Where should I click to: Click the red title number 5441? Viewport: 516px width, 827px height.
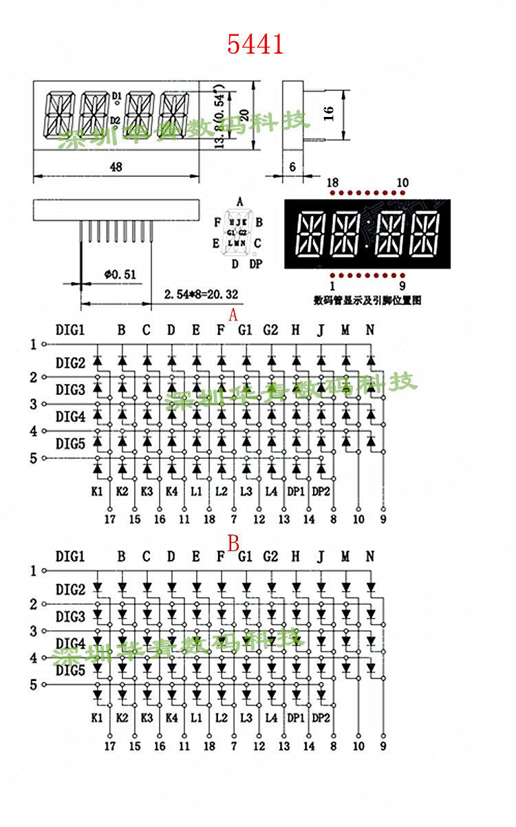coord(255,45)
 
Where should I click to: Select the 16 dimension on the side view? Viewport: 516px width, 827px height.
coord(328,114)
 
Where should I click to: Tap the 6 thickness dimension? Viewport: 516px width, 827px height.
coord(292,167)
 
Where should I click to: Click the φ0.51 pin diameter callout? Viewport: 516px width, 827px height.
coord(120,274)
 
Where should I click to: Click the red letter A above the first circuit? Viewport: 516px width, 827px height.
coord(233,315)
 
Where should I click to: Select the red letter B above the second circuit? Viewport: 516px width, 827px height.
coord(233,545)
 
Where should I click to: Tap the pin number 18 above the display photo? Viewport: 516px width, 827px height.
coord(332,182)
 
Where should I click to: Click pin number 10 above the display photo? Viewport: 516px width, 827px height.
coord(402,182)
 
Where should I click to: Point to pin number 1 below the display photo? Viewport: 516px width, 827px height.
coord(332,286)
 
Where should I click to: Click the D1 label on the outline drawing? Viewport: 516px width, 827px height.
coord(116,95)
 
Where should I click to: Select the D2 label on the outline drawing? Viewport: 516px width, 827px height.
coord(116,120)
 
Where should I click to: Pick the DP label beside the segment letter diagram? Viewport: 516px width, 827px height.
coord(255,264)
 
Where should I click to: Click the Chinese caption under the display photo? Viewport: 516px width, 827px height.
coord(367,300)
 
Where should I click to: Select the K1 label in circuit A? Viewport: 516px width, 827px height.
coord(97,491)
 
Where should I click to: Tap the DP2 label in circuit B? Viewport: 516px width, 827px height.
coord(321,718)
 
